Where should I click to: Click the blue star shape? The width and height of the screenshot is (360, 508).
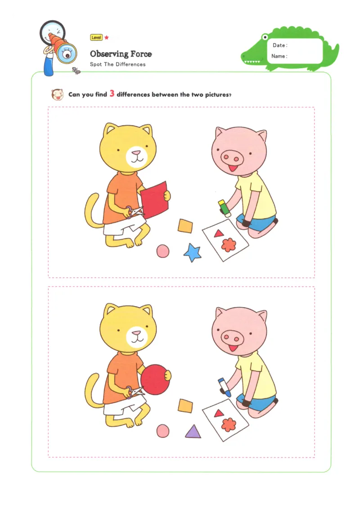(193, 253)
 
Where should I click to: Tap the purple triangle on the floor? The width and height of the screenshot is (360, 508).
(193, 432)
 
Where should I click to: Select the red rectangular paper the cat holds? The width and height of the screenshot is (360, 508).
(154, 200)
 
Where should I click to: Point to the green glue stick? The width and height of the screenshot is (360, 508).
(224, 209)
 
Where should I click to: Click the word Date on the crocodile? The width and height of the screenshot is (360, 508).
(279, 45)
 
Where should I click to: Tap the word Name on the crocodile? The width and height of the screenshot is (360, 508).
(279, 56)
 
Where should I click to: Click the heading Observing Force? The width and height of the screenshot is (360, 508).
(121, 54)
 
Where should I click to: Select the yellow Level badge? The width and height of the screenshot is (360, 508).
(96, 38)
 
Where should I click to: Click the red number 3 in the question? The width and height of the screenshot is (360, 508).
(112, 94)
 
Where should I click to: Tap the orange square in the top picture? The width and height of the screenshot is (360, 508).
(185, 226)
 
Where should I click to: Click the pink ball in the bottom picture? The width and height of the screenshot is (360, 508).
(163, 431)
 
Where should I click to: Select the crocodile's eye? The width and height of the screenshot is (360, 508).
(265, 37)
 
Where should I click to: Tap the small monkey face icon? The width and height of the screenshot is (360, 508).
(57, 94)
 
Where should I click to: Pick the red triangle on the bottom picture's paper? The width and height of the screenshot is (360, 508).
(219, 413)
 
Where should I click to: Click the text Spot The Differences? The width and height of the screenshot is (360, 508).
(117, 64)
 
